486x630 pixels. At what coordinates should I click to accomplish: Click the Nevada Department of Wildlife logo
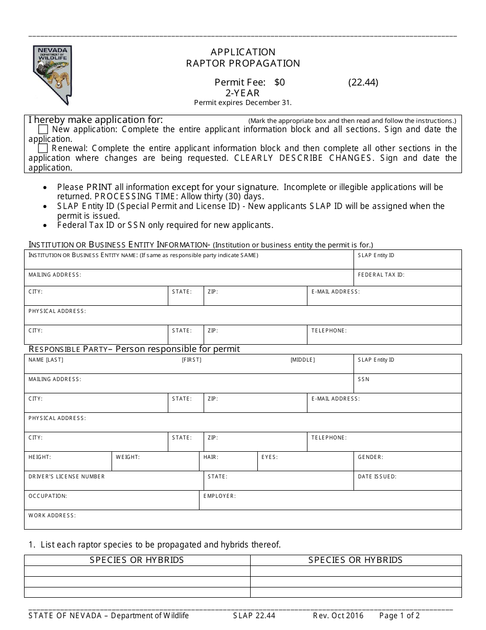tap(53, 75)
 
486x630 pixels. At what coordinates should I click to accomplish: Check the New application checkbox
tap(43, 129)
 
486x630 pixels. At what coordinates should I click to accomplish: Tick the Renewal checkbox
tap(43, 149)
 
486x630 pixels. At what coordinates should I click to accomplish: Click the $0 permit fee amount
tap(279, 82)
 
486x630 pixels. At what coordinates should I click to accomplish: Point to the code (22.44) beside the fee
tap(363, 82)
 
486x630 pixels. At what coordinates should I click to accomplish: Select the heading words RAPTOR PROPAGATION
tap(243, 64)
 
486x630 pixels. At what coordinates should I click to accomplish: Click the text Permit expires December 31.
tap(243, 102)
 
